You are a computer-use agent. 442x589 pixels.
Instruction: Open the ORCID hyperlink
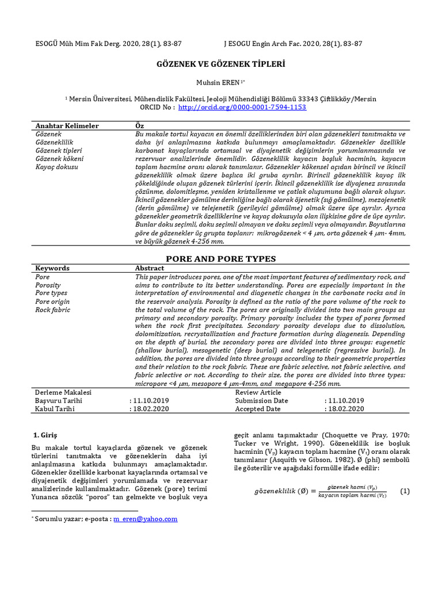click(242, 108)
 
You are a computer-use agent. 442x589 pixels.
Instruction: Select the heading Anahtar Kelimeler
click(67, 125)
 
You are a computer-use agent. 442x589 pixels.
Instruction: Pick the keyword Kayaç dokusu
click(57, 167)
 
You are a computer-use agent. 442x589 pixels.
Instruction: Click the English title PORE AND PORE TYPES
click(221, 259)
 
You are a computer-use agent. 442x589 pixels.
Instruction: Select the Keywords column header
click(52, 268)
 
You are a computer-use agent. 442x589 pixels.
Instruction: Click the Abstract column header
click(149, 268)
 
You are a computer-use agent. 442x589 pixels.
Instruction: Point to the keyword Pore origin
click(51, 301)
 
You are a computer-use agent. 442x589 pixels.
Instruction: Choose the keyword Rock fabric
click(53, 309)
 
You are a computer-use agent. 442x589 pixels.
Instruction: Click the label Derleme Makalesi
click(63, 392)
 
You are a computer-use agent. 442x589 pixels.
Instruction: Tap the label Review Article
click(258, 392)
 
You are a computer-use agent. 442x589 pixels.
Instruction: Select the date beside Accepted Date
click(345, 409)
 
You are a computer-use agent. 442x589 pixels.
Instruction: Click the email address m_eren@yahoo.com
click(145, 519)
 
